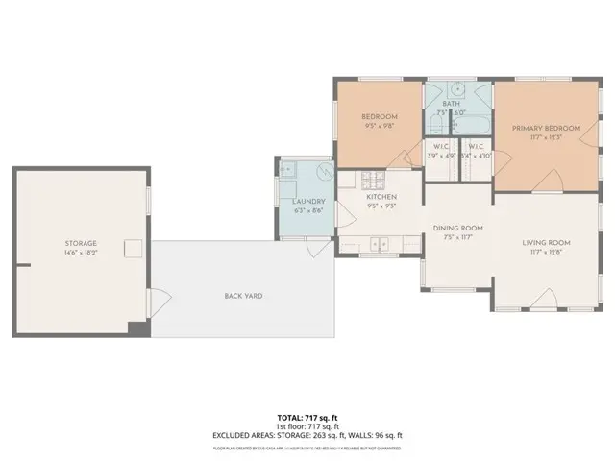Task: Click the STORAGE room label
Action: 81,243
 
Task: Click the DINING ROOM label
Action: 457,228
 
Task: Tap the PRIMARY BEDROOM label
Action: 546,128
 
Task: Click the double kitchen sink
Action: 381,243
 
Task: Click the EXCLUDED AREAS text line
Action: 307,435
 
